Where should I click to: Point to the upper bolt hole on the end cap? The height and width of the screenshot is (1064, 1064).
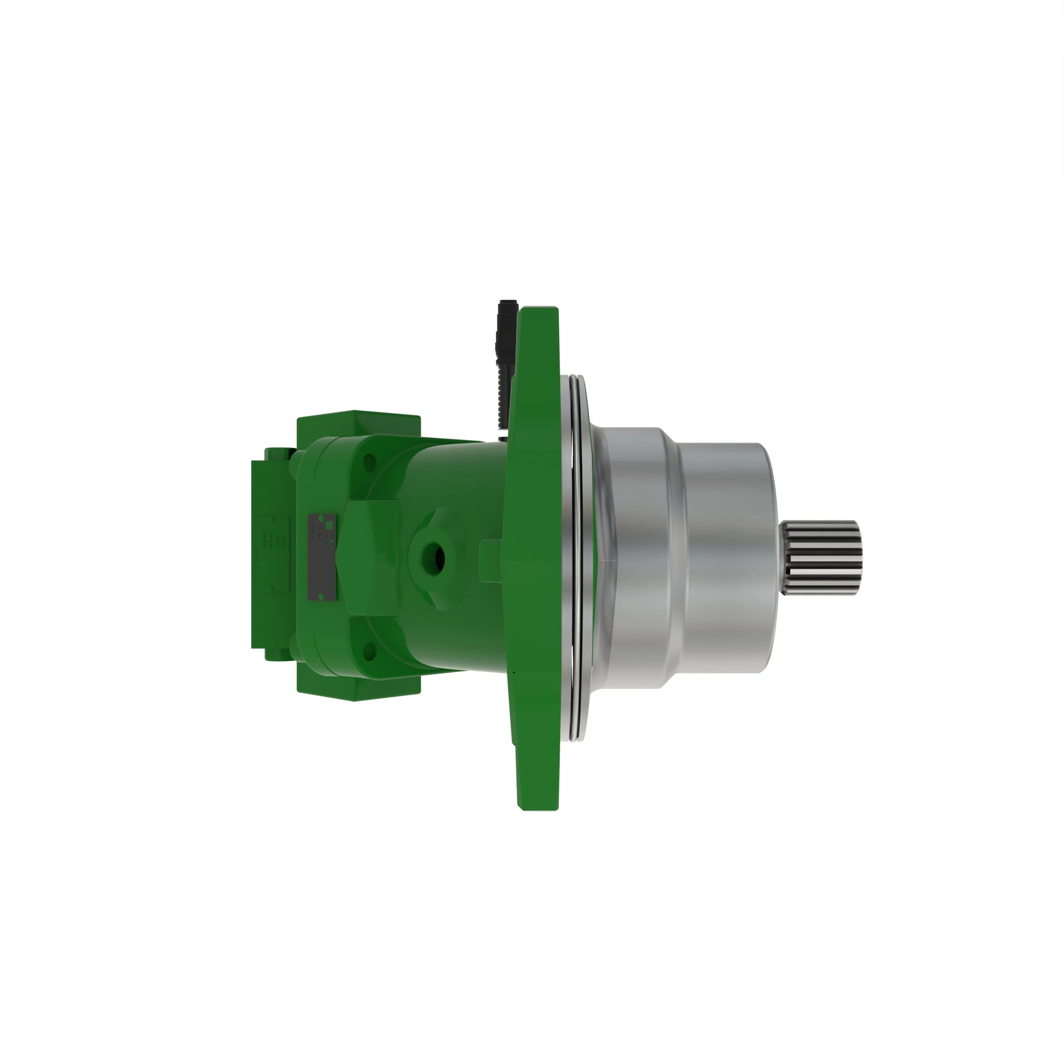pos(370,461)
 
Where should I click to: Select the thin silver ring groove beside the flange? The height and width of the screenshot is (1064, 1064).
pos(577,556)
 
